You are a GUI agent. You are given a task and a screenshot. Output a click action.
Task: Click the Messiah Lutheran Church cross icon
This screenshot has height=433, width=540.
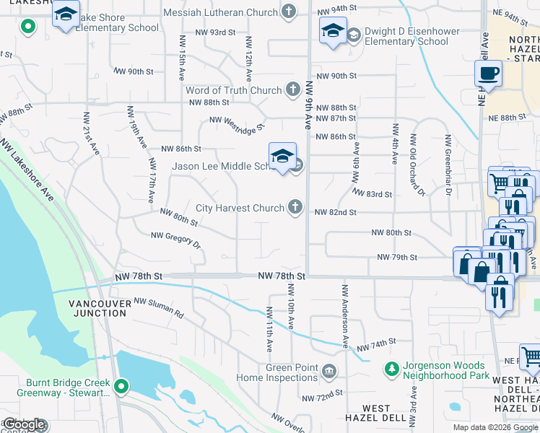289,12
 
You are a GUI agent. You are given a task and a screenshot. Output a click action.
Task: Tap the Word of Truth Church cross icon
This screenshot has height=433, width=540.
292,90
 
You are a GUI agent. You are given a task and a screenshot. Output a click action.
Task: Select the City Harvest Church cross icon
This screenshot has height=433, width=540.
295,208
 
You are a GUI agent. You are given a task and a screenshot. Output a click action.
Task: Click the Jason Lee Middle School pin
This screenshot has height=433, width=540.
282,156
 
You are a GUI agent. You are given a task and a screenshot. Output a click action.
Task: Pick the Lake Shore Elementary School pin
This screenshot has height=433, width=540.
66,15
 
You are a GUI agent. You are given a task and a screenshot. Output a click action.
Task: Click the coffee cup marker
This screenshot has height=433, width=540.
488,74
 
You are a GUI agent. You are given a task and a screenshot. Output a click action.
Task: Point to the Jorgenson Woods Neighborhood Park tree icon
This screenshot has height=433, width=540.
392,369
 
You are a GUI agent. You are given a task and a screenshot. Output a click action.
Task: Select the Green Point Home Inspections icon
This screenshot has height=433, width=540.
329,372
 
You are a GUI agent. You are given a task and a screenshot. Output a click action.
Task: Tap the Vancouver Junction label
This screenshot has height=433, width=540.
100,309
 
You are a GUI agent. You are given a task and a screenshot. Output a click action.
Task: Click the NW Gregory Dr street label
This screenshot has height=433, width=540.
175,239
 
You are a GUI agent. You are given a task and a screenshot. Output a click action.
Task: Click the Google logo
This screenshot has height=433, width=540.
24,424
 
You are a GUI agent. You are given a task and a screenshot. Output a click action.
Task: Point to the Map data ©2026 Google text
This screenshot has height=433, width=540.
495,427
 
